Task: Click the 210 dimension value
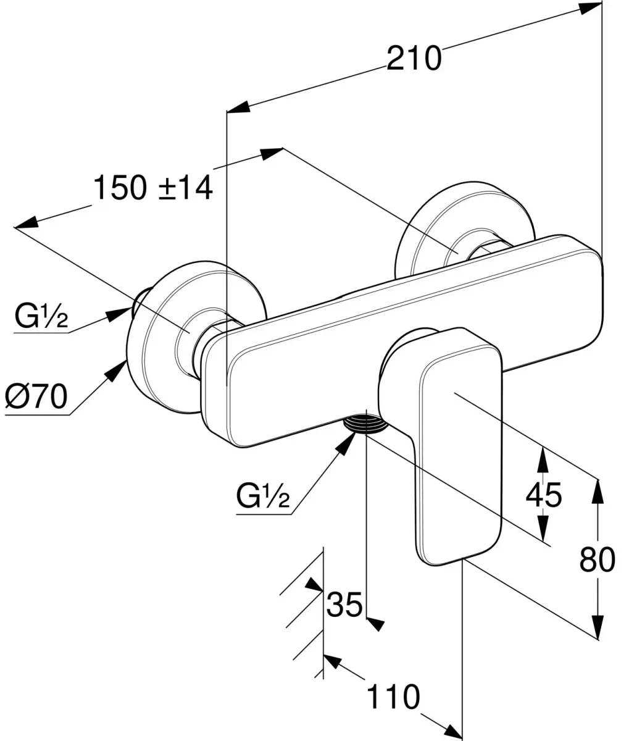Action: [x=414, y=58]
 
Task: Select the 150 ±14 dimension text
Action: [x=153, y=188]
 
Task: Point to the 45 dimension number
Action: [x=543, y=495]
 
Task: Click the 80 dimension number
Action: [x=597, y=560]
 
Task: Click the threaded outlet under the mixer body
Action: [x=365, y=425]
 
